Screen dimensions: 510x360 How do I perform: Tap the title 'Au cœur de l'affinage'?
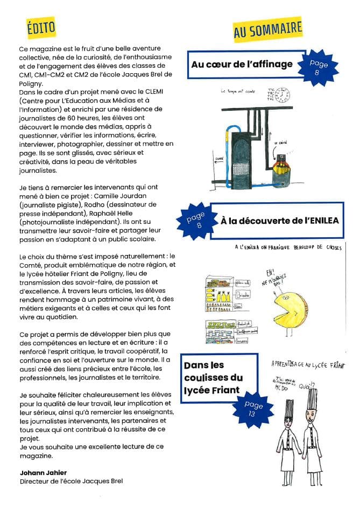pyautogui.click(x=242, y=65)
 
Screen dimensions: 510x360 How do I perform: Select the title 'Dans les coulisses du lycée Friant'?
pyautogui.click(x=213, y=378)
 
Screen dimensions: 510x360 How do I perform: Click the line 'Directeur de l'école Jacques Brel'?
pyautogui.click(x=71, y=481)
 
